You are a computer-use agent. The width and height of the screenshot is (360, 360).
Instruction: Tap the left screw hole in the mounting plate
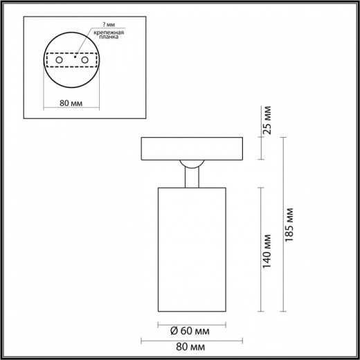58,62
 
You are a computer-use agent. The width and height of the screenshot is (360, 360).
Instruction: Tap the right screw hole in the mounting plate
86,62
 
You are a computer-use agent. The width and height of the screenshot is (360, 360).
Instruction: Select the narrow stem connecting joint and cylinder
191,177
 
